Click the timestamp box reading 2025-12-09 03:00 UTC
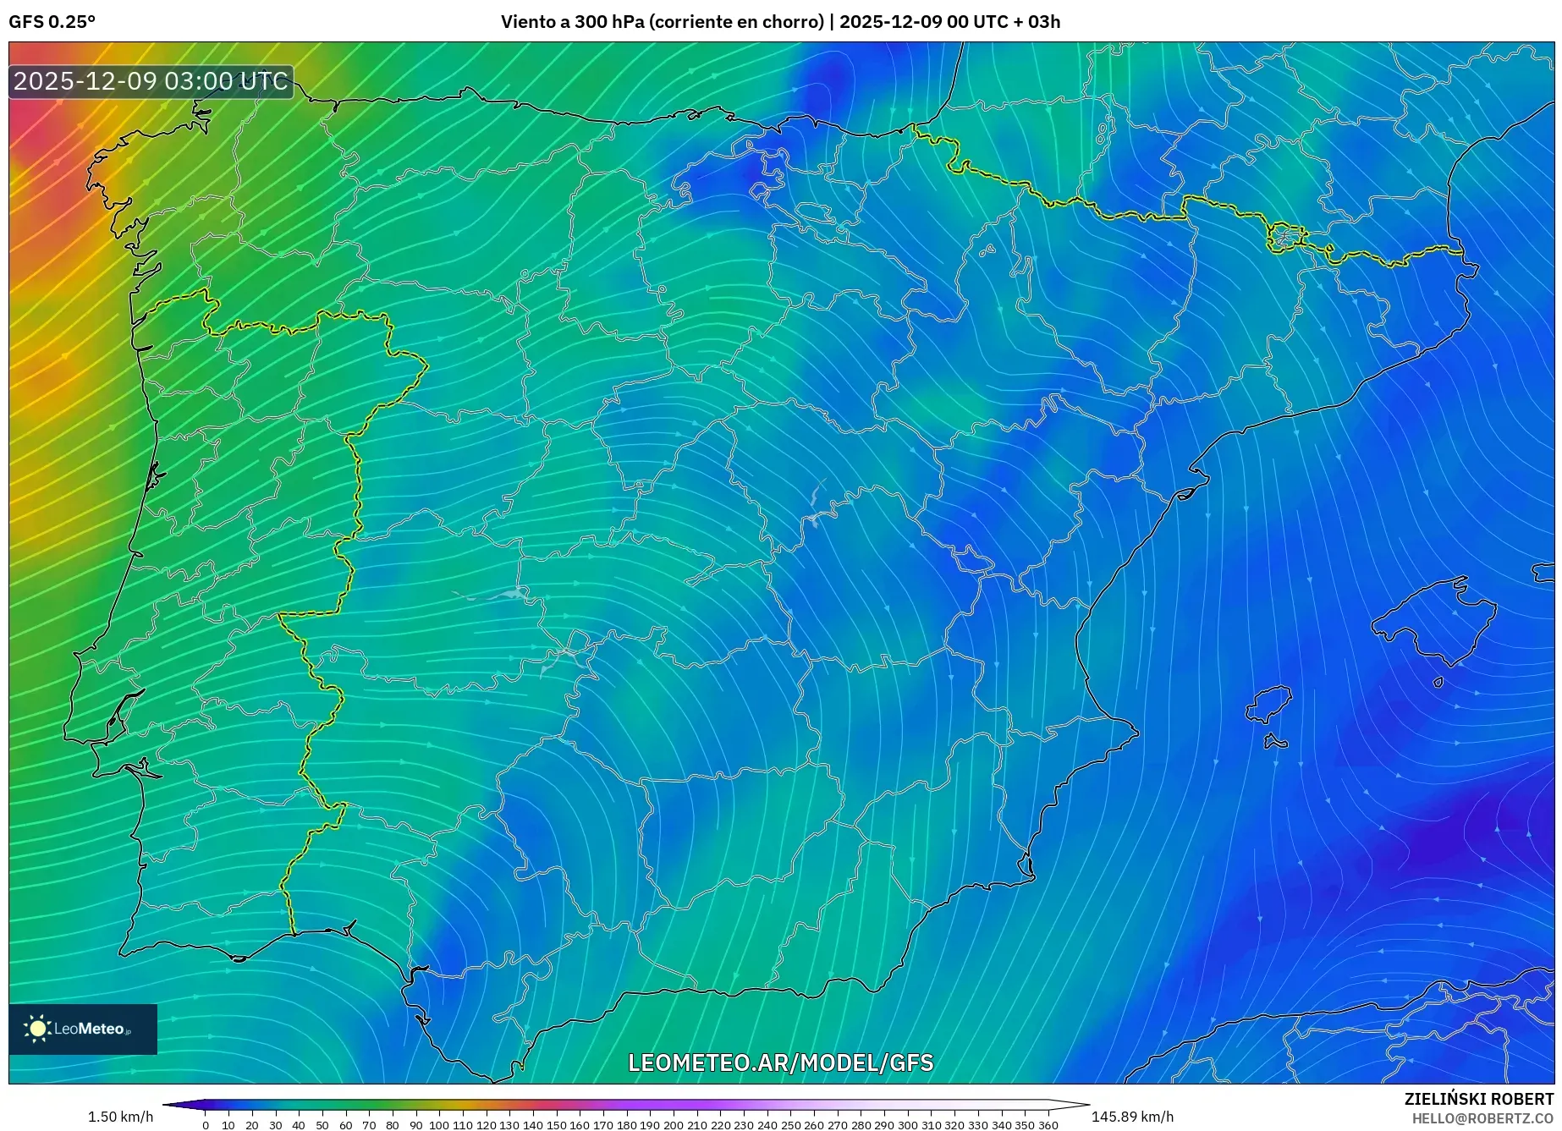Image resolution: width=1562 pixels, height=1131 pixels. pyautogui.click(x=151, y=81)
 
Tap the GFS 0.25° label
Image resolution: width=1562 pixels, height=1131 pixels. pyautogui.click(x=52, y=22)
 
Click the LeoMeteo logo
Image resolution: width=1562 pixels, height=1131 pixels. pyautogui.click(x=83, y=1029)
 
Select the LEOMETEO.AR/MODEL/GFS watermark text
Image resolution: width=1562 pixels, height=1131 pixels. pyautogui.click(x=780, y=1062)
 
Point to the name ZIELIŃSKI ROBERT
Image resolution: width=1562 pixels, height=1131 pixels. pyautogui.click(x=1479, y=1099)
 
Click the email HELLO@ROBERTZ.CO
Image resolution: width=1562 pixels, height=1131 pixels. pyautogui.click(x=1482, y=1118)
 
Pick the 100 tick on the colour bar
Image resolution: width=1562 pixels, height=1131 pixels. pyautogui.click(x=438, y=1124)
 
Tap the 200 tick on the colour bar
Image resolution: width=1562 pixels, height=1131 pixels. pyautogui.click(x=673, y=1124)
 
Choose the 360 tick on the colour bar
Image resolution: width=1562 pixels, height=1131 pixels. pyautogui.click(x=1048, y=1124)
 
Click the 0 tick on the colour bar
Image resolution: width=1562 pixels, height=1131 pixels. pyautogui.click(x=206, y=1124)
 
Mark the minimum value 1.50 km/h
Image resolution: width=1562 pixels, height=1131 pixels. pyautogui.click(x=120, y=1117)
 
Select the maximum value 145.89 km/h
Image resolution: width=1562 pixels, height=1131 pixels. pyautogui.click(x=1132, y=1117)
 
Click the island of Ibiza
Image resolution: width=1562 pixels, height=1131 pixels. pyautogui.click(x=1269, y=704)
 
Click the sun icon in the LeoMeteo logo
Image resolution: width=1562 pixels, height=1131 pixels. pyautogui.click(x=38, y=1029)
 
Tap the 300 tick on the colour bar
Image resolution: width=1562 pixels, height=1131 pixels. pyautogui.click(x=907, y=1124)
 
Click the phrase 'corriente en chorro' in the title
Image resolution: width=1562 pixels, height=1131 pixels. pyautogui.click(x=736, y=22)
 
